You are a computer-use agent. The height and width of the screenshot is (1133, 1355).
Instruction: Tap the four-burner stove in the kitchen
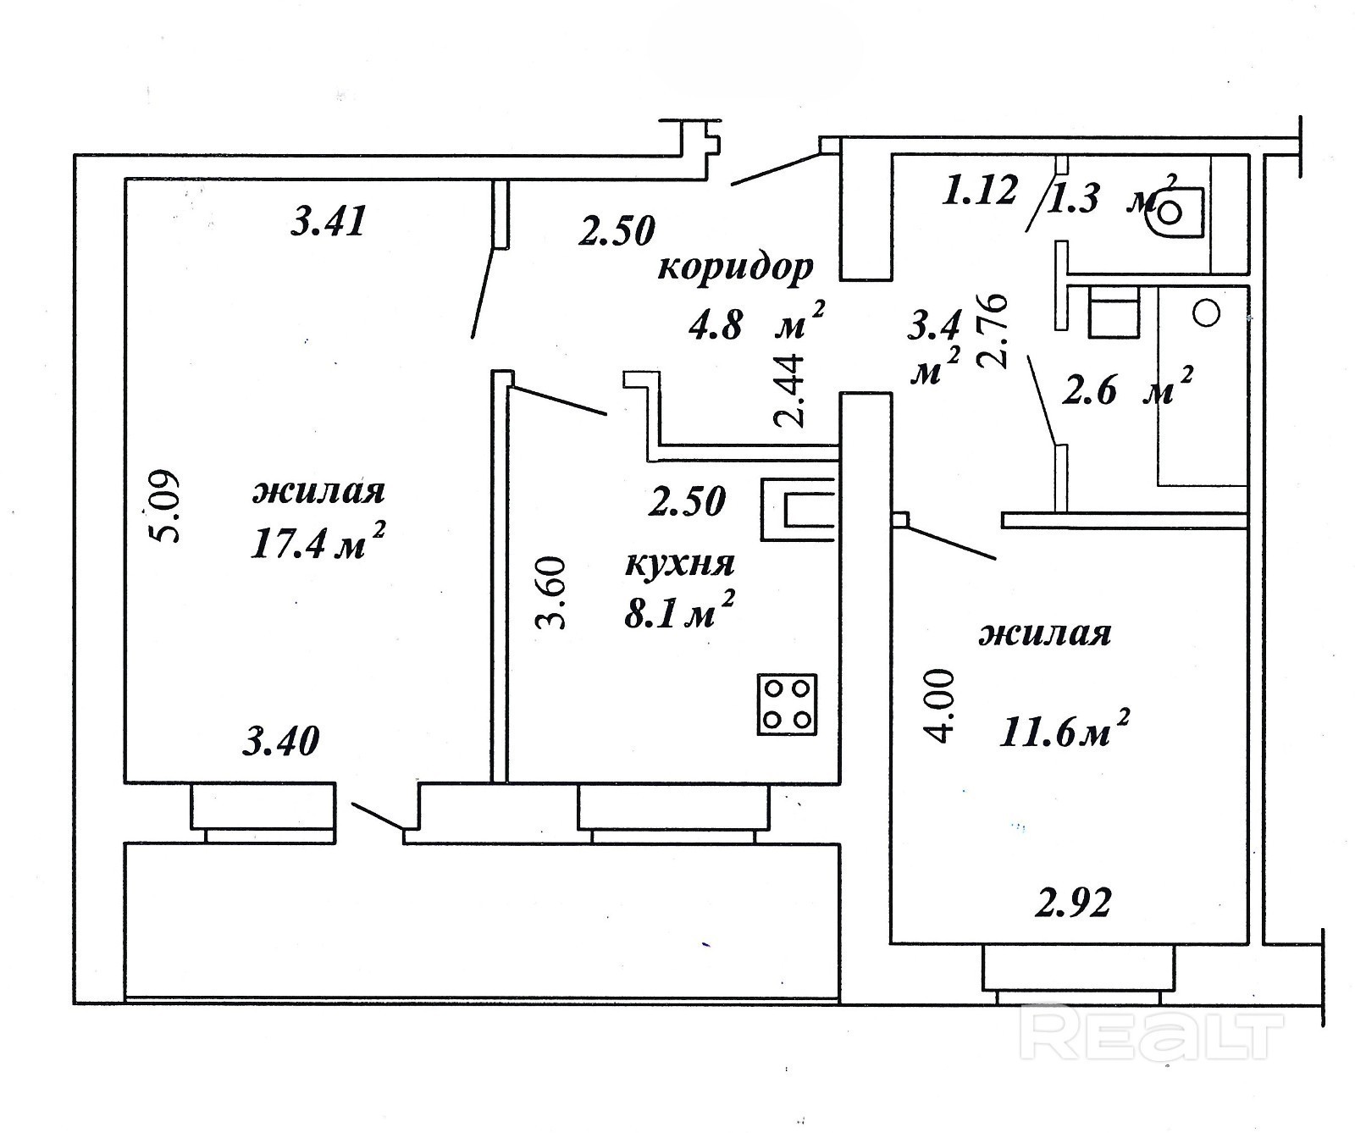tap(788, 705)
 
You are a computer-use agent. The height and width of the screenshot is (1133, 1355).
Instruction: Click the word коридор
tap(734, 268)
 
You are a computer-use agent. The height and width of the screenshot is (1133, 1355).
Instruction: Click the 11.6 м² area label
tap(1065, 730)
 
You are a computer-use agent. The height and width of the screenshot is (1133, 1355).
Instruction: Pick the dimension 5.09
tap(163, 506)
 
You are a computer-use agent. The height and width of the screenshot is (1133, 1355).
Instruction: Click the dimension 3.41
tap(328, 223)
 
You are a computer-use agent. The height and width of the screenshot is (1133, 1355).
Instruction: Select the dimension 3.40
tap(281, 742)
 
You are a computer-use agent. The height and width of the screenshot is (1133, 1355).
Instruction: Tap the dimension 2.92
tap(1072, 904)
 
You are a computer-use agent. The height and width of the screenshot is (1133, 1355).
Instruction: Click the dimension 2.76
tap(992, 329)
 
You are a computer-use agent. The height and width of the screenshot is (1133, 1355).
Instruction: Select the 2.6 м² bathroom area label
tap(1126, 390)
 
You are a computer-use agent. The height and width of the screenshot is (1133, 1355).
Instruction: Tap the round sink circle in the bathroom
tap(1206, 312)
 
